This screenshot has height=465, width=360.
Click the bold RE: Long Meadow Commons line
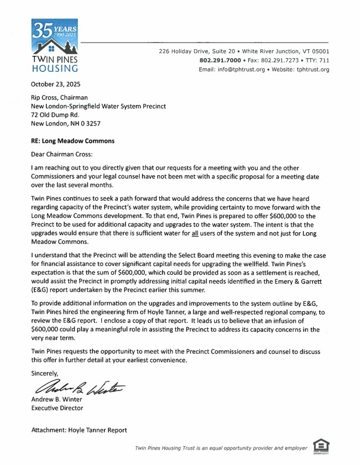72,141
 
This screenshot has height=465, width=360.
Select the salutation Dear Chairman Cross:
61,155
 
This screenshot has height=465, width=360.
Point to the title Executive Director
57,409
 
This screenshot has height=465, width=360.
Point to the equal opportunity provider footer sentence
221,447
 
